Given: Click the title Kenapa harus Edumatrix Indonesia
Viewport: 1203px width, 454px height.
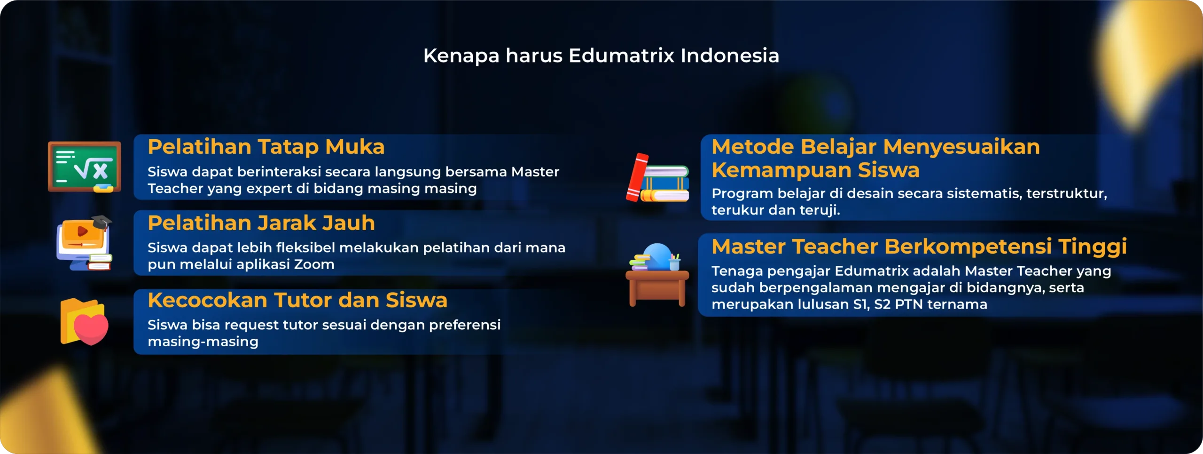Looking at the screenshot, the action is [601, 56].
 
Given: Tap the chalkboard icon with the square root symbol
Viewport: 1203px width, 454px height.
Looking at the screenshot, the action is [85, 167].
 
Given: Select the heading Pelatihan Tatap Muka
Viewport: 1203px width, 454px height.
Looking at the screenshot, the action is [266, 147].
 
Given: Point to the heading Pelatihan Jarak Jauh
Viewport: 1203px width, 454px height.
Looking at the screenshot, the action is [261, 223].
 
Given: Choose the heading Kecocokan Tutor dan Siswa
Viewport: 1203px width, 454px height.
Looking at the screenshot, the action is [297, 300].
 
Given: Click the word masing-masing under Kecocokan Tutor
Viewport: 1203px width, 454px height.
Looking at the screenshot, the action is [203, 342].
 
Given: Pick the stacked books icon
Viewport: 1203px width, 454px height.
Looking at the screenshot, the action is [658, 177].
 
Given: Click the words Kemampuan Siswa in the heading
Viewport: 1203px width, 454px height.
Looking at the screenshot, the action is [815, 170].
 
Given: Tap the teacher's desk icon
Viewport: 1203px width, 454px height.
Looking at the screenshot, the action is [657, 275].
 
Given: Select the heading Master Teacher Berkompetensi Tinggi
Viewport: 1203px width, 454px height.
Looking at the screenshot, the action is [919, 247].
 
